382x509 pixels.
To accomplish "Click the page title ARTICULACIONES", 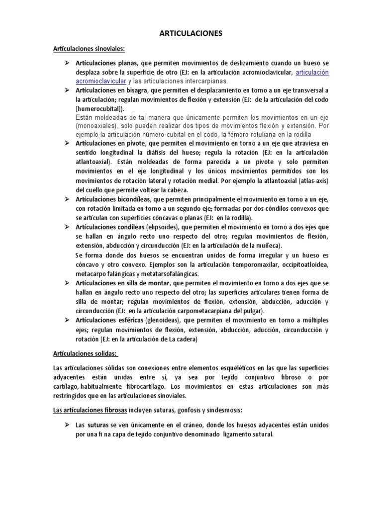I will click(191, 34).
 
